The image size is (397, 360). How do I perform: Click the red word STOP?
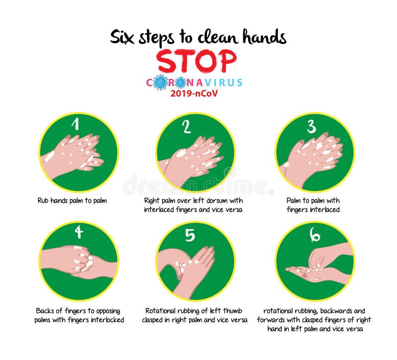coord(197,61)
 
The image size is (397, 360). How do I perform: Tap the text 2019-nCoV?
coord(197,93)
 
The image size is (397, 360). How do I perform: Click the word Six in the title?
coord(122,37)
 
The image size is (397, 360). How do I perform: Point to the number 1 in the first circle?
coord(76,124)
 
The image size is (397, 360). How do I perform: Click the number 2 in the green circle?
coord(187,127)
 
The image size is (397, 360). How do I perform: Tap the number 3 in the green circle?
coord(311,126)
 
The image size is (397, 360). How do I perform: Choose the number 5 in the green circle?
coord(190,235)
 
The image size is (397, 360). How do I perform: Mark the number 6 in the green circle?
coord(315,235)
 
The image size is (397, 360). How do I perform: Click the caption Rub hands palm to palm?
coord(72,201)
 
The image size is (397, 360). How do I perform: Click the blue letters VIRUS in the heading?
coord(226,82)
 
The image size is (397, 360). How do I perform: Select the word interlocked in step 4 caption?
coord(106,320)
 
